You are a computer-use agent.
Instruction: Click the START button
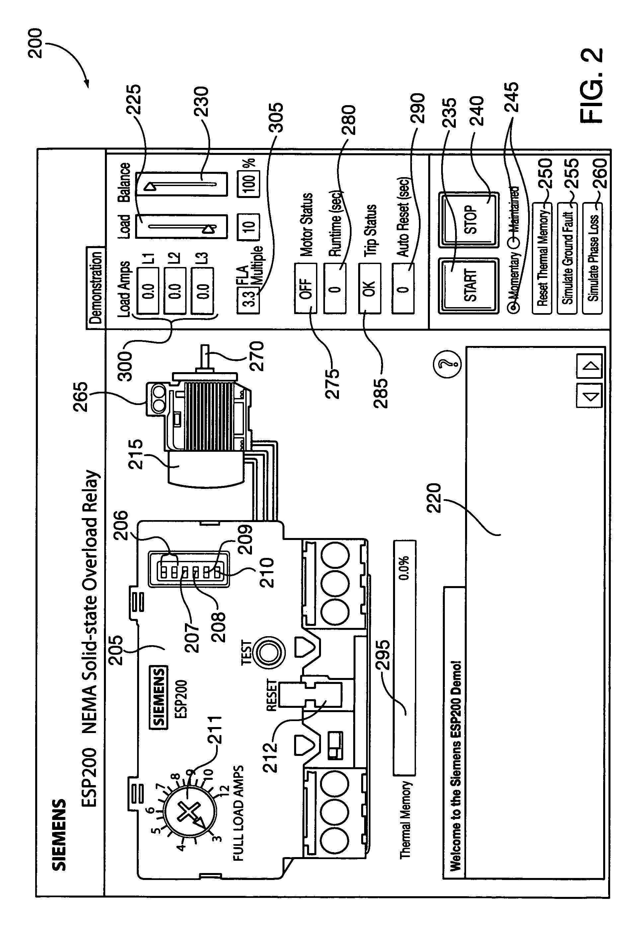[468, 286]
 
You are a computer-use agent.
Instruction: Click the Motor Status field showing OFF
[306, 288]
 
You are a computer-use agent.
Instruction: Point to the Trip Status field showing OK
[369, 288]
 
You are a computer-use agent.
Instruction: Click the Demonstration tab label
[95, 288]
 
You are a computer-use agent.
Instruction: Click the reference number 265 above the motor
[80, 396]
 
